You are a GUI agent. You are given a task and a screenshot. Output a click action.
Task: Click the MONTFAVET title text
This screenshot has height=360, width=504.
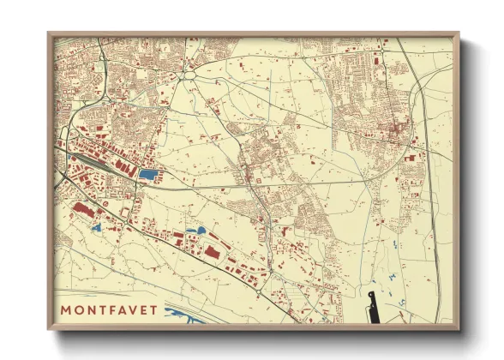click(109, 309)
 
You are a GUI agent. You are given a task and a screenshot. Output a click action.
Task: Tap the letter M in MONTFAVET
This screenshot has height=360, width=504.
click(66, 309)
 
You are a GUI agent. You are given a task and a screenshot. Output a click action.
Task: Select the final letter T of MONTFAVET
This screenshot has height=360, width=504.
click(153, 309)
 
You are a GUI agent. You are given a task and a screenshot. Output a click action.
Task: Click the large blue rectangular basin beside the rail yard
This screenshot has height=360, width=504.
click(148, 175)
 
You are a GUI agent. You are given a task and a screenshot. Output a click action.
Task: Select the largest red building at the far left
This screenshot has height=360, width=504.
click(83, 208)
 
